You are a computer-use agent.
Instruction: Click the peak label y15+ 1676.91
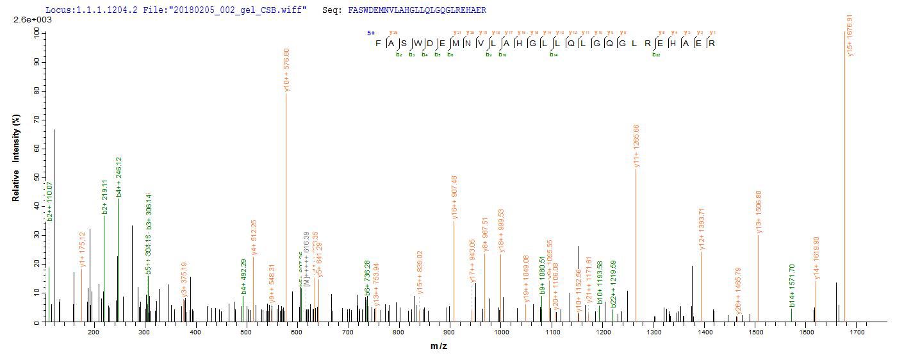(850, 40)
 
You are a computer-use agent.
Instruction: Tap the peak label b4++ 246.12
(119, 177)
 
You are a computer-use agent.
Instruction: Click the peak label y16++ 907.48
(454, 198)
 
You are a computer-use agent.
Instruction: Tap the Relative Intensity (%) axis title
(15, 158)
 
